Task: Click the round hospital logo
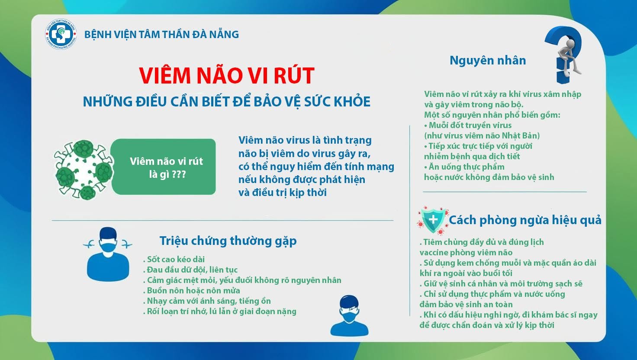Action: (61, 34)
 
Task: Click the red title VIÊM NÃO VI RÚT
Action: (227, 76)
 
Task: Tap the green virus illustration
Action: (84, 170)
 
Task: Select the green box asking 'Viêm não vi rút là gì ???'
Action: (163, 167)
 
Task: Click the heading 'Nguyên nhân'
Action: (488, 61)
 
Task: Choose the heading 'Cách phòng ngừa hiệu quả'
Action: (525, 220)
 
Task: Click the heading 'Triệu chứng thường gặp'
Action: (228, 241)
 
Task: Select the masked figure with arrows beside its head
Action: (108, 254)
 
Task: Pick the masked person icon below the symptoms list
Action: (349, 315)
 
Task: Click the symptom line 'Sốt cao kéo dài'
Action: (174, 259)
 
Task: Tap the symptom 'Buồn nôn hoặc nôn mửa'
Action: (192, 291)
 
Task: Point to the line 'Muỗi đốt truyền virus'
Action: (468, 125)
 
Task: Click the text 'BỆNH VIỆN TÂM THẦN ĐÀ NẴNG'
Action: (161, 35)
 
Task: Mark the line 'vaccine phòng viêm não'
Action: (466, 253)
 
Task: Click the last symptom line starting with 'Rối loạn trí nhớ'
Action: (219, 312)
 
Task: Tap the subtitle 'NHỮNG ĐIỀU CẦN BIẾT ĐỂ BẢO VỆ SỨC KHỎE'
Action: (227, 102)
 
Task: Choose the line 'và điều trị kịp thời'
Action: (283, 193)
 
